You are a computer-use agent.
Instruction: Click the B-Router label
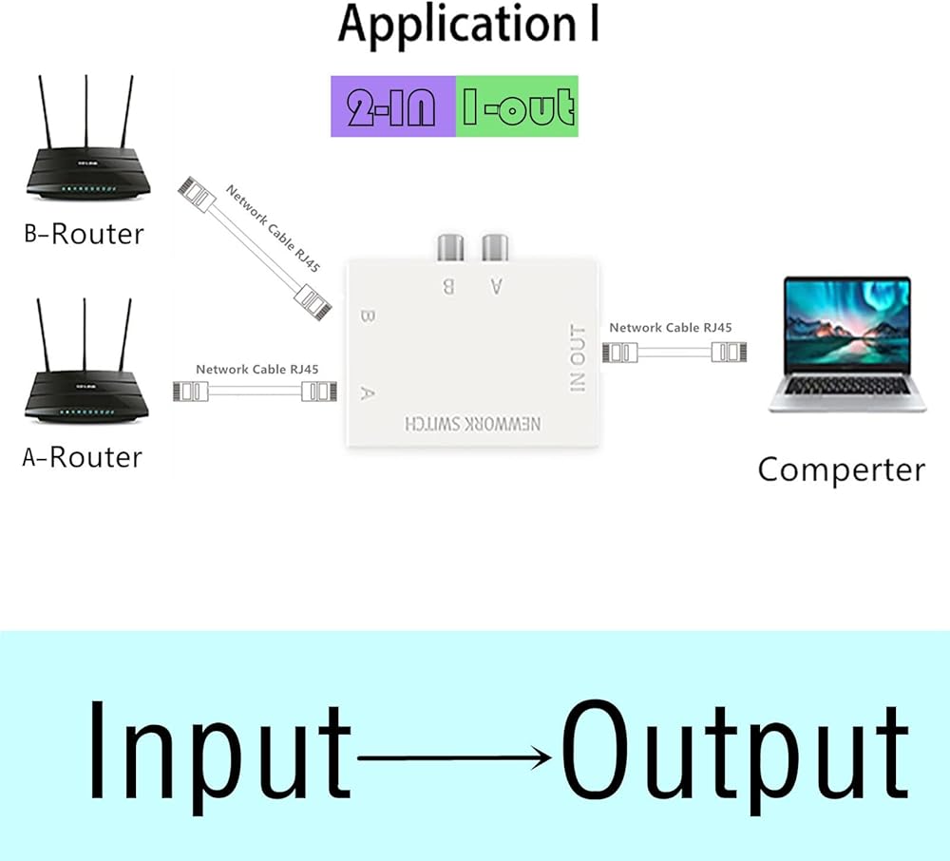[x=84, y=234]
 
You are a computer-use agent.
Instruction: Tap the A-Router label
[x=82, y=457]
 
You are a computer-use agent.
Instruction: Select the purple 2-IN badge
[x=392, y=106]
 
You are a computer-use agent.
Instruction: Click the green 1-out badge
[x=518, y=106]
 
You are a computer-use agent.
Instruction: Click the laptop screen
[x=847, y=323]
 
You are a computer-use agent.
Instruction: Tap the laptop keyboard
[x=847, y=385]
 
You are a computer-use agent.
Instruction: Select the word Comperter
[x=841, y=469]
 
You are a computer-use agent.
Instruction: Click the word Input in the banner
[x=219, y=750]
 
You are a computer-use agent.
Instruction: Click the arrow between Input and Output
[x=456, y=757]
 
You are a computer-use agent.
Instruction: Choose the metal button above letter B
[x=449, y=249]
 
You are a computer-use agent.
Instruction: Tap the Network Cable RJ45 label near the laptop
[x=670, y=328]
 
